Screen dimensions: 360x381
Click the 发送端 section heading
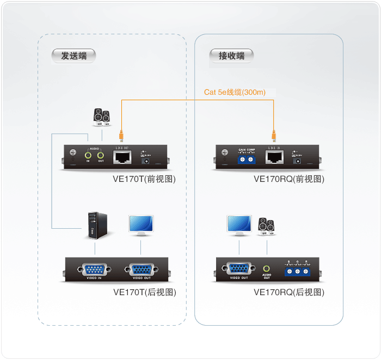point(73,55)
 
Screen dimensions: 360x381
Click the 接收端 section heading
point(231,55)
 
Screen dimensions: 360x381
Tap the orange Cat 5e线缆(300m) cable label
point(235,92)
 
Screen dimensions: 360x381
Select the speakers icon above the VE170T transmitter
point(101,117)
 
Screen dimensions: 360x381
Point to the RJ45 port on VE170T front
point(121,157)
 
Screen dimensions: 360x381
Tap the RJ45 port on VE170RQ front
point(274,157)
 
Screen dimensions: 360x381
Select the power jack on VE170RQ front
point(297,159)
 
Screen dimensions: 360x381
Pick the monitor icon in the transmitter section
point(141,225)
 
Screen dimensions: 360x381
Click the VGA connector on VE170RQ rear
point(238,269)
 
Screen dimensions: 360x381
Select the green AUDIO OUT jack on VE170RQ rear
point(267,269)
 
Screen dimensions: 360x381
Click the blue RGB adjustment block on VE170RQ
point(298,270)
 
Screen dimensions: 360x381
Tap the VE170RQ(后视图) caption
point(289,292)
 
